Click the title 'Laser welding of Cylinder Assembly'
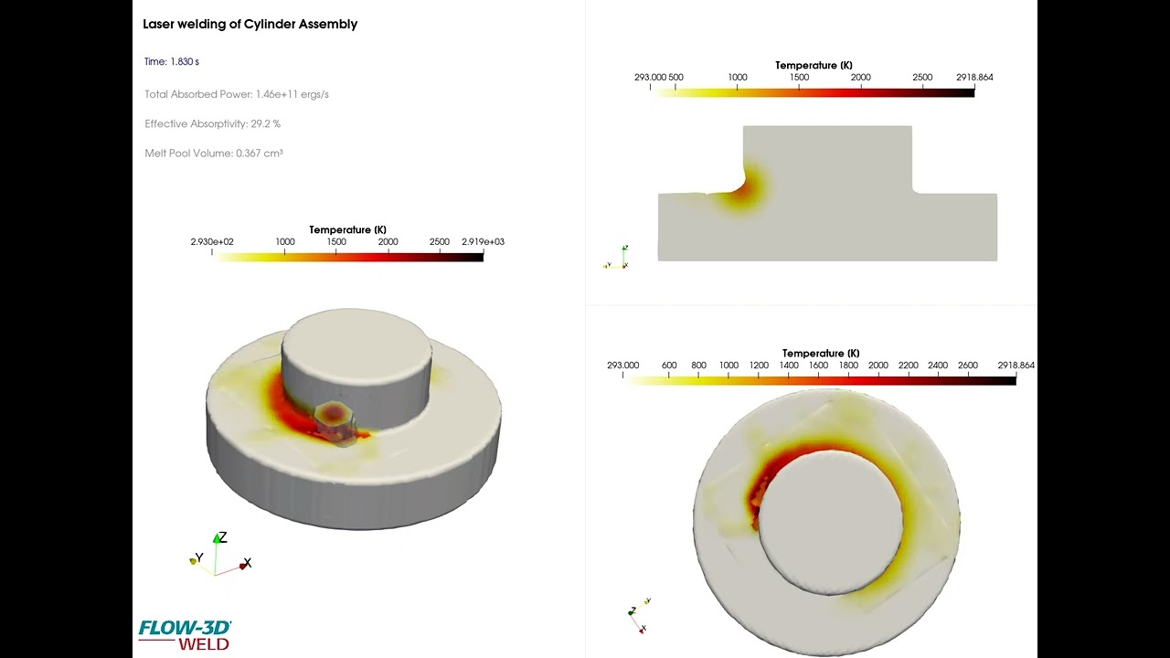[x=250, y=25]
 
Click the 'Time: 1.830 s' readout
[x=171, y=62]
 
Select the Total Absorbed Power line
[x=236, y=94]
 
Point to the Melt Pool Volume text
[x=213, y=154]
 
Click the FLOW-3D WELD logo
[x=184, y=634]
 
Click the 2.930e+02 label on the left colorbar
[x=212, y=242]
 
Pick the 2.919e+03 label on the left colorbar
[x=483, y=242]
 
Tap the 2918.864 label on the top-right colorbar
[x=973, y=78]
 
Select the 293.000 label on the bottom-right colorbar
[x=623, y=366]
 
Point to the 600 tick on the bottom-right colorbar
[x=669, y=366]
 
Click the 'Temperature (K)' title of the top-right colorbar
[x=814, y=66]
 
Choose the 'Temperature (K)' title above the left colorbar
[x=347, y=230]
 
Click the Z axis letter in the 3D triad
[x=222, y=537]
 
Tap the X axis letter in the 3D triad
[x=248, y=563]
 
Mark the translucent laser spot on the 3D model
[x=335, y=416]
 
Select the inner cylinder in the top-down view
[x=830, y=521]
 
